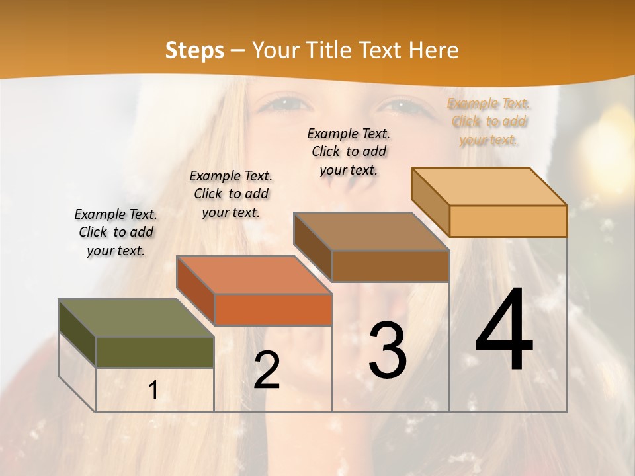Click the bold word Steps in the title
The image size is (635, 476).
(x=194, y=50)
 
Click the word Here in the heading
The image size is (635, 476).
(x=433, y=50)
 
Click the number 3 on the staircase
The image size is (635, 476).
(x=388, y=350)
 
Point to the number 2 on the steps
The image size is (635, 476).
(x=267, y=370)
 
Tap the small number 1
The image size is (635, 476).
(x=153, y=391)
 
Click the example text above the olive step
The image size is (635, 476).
(x=116, y=232)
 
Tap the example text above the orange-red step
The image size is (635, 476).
(x=231, y=194)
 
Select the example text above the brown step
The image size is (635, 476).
(x=349, y=151)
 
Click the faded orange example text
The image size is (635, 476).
(x=489, y=121)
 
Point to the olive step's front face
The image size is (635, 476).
(x=155, y=352)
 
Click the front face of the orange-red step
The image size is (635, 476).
(x=273, y=309)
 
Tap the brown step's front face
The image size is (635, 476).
(x=390, y=266)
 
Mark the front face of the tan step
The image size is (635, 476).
(x=508, y=221)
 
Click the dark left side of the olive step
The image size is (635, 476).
(x=77, y=333)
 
